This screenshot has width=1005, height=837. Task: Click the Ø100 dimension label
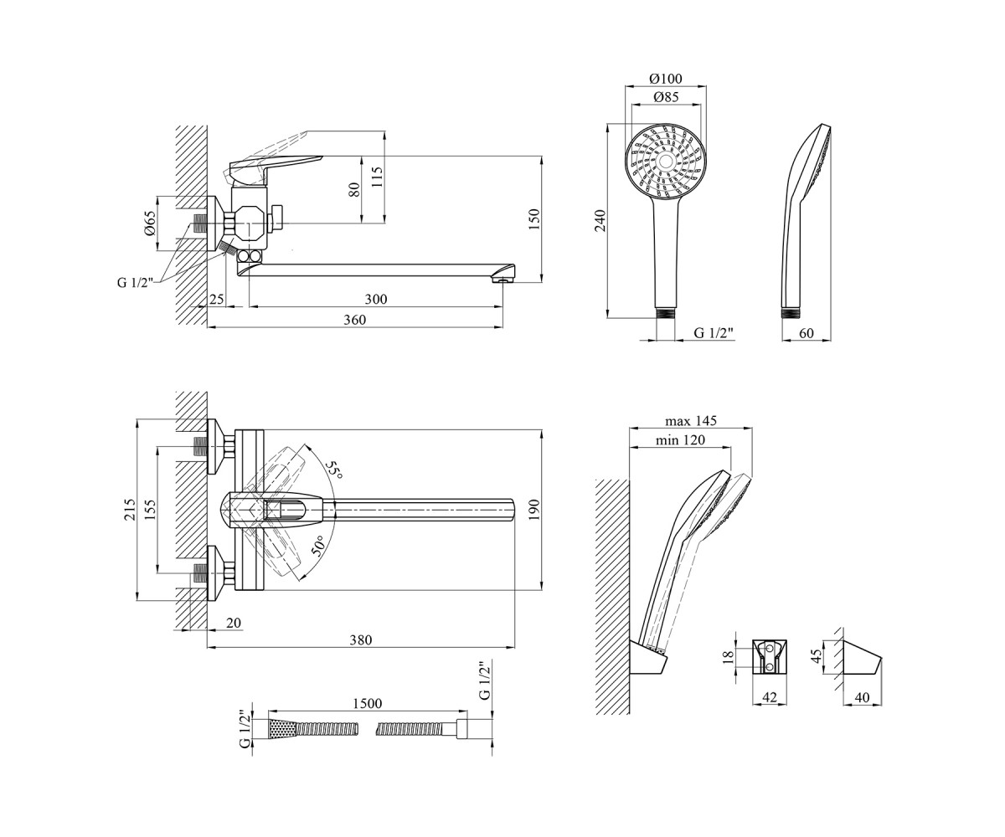[665, 78]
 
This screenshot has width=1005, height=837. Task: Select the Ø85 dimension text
[666, 97]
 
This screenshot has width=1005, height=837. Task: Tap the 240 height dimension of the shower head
[601, 221]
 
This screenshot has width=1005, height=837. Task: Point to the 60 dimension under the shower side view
[806, 333]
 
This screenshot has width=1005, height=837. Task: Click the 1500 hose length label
[368, 703]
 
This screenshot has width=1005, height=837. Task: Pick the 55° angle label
[333, 470]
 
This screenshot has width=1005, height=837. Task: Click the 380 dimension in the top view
[361, 639]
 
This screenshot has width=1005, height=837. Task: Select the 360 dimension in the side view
[355, 320]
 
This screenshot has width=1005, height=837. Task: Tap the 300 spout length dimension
[376, 299]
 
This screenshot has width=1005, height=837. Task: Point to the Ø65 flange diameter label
[150, 223]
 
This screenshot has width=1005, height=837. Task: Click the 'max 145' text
[691, 421]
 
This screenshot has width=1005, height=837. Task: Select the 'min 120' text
[680, 439]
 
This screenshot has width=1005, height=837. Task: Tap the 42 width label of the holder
[770, 697]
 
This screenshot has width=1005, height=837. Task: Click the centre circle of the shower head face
[666, 162]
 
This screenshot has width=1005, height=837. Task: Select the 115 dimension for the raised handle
[378, 177]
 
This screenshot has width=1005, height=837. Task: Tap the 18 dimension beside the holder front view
[729, 656]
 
